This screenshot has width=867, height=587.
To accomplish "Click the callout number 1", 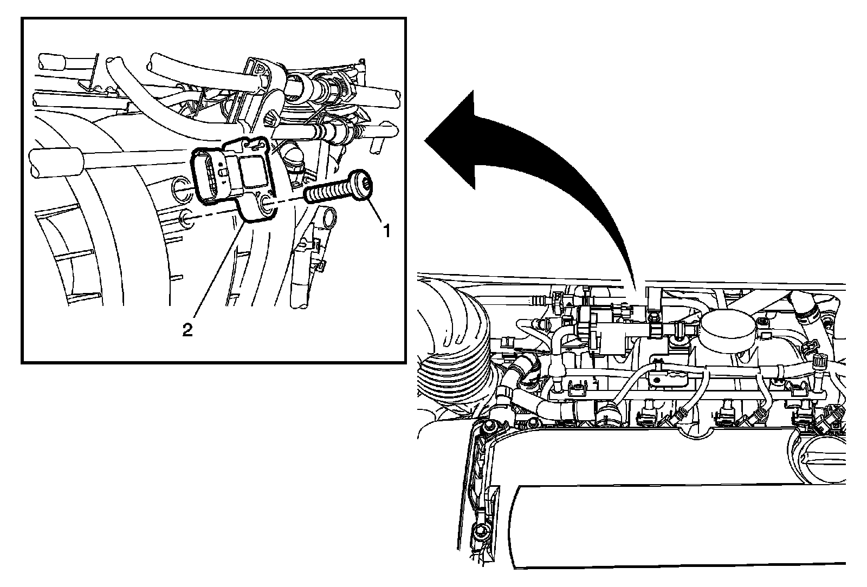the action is [387, 231].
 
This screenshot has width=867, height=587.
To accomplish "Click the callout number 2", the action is [187, 330].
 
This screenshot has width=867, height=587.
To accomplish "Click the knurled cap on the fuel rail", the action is [820, 363].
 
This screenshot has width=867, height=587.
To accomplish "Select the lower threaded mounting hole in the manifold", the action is [186, 219].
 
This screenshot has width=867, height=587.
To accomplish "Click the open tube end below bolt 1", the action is [329, 219].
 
